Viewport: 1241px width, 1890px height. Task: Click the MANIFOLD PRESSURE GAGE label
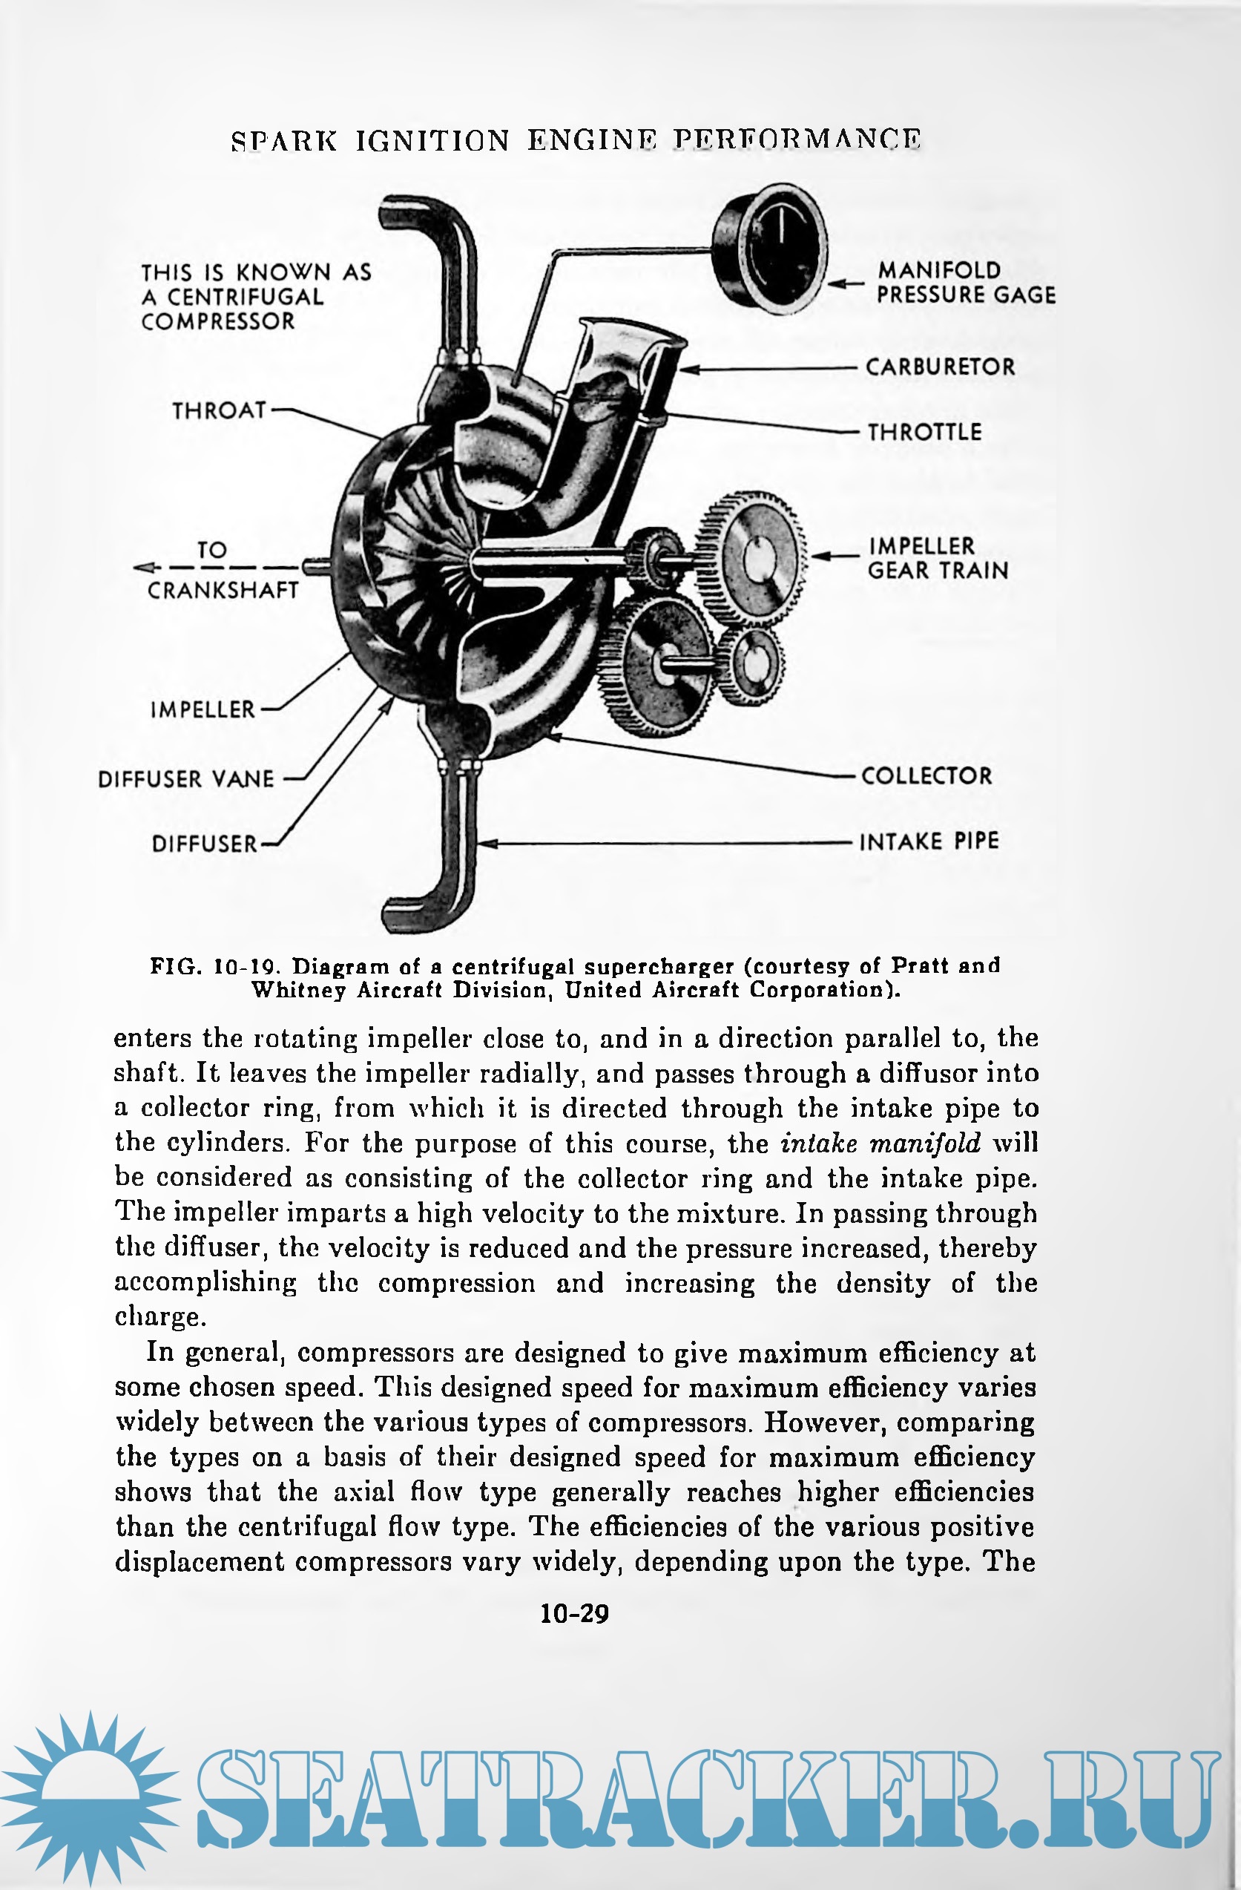(x=965, y=283)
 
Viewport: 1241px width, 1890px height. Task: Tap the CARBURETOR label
(x=940, y=367)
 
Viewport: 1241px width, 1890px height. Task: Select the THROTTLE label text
(x=924, y=432)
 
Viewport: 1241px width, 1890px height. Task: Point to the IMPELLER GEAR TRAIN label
(x=937, y=558)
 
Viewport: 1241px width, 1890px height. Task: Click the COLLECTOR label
(x=926, y=776)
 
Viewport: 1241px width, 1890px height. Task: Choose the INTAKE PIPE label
(x=929, y=841)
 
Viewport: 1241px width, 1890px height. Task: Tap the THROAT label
(x=219, y=410)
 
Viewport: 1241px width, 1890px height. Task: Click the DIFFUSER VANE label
(x=185, y=779)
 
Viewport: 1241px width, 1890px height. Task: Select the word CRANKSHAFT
(x=223, y=591)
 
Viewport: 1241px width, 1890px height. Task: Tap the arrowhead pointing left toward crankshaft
(x=143, y=567)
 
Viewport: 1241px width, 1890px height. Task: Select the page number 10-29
(x=574, y=1614)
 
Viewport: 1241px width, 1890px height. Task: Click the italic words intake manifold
(x=880, y=1143)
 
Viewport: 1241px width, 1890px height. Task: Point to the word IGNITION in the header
(x=432, y=140)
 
